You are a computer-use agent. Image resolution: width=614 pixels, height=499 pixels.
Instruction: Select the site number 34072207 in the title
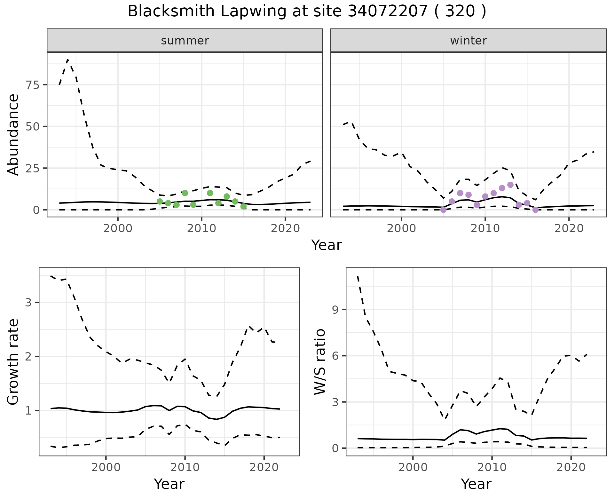coord(387,12)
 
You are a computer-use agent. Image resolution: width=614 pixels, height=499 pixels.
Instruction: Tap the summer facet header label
coord(185,41)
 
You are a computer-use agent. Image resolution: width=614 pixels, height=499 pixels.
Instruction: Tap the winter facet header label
coord(468,41)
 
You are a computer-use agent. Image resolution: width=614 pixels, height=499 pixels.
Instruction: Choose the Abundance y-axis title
coord(13,134)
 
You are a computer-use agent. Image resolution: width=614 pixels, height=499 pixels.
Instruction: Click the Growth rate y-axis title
coord(13,361)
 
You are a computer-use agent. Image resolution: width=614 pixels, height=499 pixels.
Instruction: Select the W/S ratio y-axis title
coord(320,361)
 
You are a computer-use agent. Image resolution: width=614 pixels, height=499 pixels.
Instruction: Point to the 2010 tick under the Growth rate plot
coord(185,467)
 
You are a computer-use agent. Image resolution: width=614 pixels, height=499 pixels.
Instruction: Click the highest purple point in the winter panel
coord(510,185)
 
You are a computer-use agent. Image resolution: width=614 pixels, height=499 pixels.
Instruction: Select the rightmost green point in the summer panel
coord(243,207)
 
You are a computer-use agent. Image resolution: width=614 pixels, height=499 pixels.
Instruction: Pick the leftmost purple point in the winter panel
coord(443,210)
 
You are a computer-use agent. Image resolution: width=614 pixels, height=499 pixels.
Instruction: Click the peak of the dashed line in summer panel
coord(68,60)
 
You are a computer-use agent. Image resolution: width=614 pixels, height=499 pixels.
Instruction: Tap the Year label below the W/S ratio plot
coord(476,484)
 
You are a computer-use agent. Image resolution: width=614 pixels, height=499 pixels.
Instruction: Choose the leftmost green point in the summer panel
coord(160,202)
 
